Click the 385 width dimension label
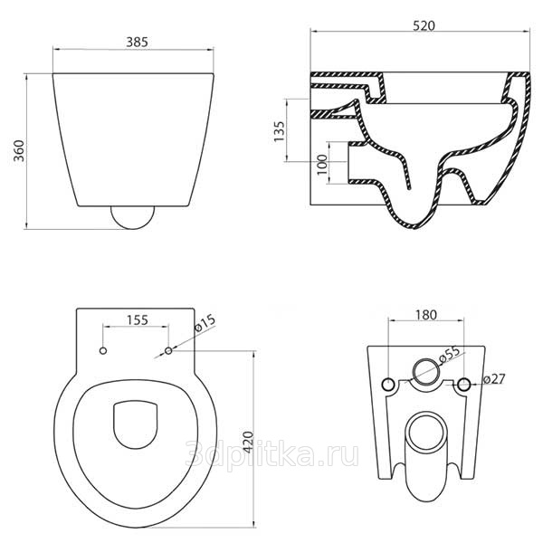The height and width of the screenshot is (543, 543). tap(137, 42)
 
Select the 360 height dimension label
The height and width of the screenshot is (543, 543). tap(19, 150)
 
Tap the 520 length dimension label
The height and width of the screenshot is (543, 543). tap(424, 26)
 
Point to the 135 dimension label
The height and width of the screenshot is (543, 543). tap(279, 131)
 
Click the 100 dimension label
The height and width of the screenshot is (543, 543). tap(322, 165)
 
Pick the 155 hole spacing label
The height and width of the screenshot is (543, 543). tap(138, 320)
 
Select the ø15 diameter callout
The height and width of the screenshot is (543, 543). tap(205, 323)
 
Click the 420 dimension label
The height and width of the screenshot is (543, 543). tap(248, 443)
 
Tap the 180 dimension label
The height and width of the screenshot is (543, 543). tap(426, 315)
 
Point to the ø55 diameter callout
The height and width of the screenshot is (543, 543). tap(450, 355)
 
